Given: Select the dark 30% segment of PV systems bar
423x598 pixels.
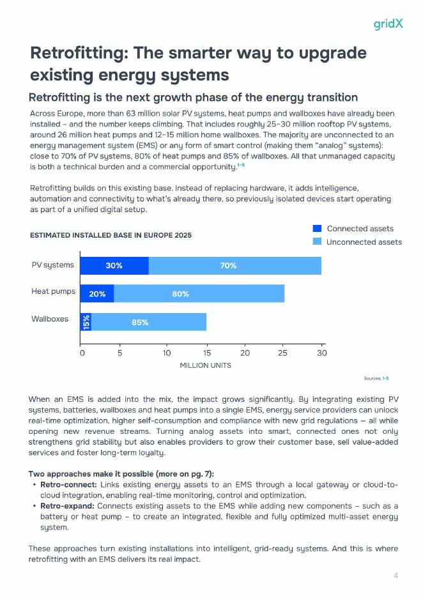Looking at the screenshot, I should tap(114, 265).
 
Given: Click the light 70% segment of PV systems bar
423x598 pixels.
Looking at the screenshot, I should tap(235, 265).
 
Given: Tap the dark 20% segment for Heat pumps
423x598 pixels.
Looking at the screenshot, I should tap(97, 294).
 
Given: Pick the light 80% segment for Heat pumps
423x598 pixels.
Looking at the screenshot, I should tap(199, 294).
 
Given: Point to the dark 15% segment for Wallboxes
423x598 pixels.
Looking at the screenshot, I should tap(86, 322).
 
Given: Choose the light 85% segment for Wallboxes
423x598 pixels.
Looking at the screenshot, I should tap(149, 322).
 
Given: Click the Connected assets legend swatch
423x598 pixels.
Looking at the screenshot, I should tap(318, 228).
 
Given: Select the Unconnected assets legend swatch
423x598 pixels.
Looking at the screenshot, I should tap(318, 241).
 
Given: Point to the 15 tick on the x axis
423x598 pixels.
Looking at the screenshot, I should tap(206, 353).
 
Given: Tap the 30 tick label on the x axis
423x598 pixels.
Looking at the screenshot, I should tap(321, 353).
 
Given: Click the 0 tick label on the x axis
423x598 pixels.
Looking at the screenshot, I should tap(82, 353).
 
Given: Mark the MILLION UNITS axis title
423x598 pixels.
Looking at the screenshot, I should tap(205, 365).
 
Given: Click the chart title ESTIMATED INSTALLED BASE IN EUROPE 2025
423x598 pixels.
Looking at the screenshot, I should tap(111, 235).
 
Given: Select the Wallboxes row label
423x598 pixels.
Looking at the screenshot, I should tap(50, 319).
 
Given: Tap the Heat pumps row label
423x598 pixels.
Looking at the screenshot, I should tap(53, 292).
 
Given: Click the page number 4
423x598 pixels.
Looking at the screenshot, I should tap(396, 576).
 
